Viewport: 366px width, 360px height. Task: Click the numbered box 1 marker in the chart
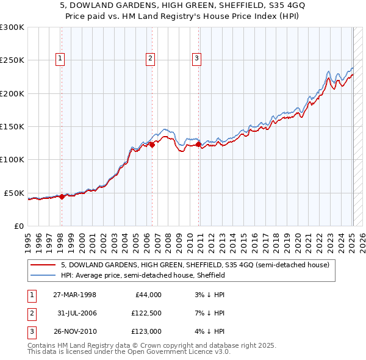(61, 59)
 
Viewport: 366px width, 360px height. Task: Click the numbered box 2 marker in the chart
(150, 59)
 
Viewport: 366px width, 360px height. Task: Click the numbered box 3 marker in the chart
(197, 59)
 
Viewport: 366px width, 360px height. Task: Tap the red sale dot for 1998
(62, 196)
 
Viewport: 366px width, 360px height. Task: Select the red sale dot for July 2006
(152, 145)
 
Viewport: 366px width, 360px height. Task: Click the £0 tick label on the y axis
(18, 226)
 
